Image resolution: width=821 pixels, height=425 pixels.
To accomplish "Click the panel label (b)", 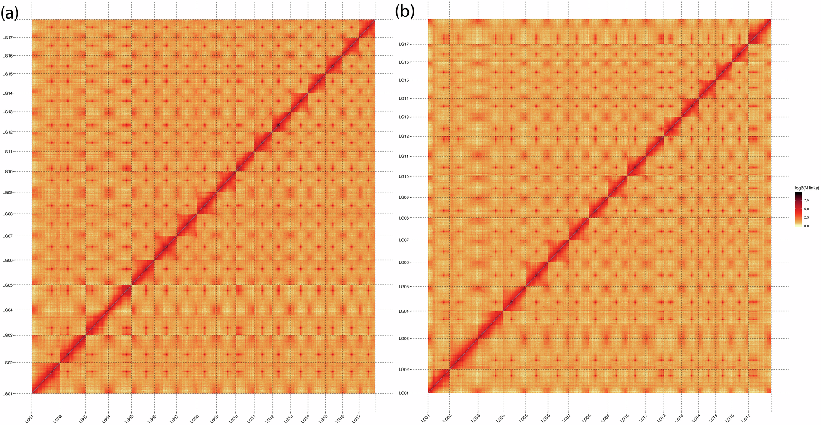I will (x=404, y=12).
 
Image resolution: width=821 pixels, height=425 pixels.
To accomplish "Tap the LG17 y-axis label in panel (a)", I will (x=8, y=38).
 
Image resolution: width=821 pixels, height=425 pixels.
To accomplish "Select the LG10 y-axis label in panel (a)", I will (x=8, y=172).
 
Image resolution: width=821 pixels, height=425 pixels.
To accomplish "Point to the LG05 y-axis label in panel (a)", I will (x=8, y=285).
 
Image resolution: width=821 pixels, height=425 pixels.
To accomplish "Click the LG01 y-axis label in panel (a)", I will (x=8, y=394).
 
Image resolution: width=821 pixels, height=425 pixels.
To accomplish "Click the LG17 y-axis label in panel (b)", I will (x=404, y=44).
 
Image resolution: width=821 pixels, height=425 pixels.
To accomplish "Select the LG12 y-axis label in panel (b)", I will (x=404, y=137).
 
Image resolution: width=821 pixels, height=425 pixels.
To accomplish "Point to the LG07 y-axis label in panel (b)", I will (x=404, y=240).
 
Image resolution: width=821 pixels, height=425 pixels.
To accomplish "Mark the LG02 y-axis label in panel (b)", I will (x=404, y=370).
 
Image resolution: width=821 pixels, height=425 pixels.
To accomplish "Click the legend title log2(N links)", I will (x=807, y=188).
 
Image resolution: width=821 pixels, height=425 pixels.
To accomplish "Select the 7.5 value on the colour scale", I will (x=806, y=201).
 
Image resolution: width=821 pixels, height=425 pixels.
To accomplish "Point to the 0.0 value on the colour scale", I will (x=806, y=226).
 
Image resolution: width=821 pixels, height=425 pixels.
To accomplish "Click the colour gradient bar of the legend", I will (x=798, y=210).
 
